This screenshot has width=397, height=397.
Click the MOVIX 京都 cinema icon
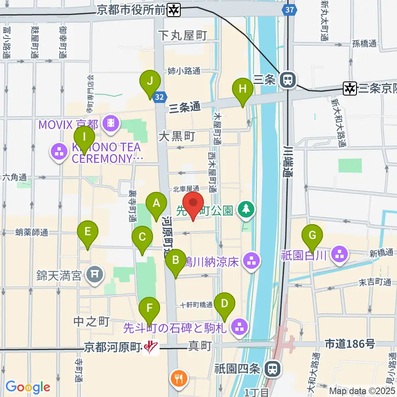coord(111,122)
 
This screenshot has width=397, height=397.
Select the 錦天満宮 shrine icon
coord(95,273)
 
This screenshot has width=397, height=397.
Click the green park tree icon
coord(246,209)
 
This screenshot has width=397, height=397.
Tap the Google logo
coord(28,387)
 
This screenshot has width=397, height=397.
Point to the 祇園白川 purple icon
coord(340,254)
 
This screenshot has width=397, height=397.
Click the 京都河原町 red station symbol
coord(151,347)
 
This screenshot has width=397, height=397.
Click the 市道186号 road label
coord(349,343)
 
